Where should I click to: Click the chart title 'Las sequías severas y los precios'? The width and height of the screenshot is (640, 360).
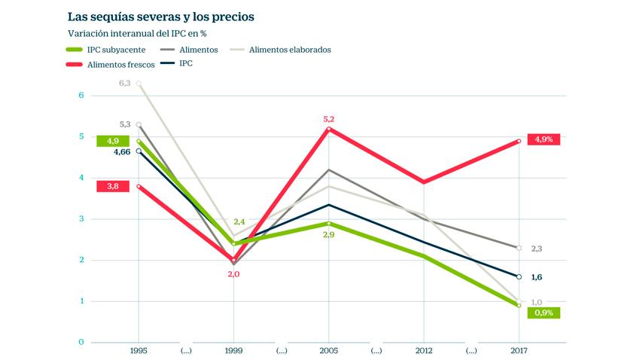[160, 16]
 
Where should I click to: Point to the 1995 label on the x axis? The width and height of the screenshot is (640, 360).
[138, 351]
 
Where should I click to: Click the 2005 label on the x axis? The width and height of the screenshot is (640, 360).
[328, 351]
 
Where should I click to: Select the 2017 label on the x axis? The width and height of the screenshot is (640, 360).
[519, 351]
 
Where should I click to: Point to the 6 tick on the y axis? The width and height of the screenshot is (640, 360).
[81, 96]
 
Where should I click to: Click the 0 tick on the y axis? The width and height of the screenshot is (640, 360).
[81, 343]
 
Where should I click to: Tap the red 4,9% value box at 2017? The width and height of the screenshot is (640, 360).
[544, 139]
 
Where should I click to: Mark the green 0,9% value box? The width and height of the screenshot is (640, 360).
[544, 312]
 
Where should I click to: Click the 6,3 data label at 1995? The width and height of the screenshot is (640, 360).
[125, 83]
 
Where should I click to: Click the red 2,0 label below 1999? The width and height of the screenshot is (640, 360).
[233, 274]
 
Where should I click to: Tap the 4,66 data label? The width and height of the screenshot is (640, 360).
[123, 153]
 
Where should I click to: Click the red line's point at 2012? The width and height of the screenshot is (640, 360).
[423, 182]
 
